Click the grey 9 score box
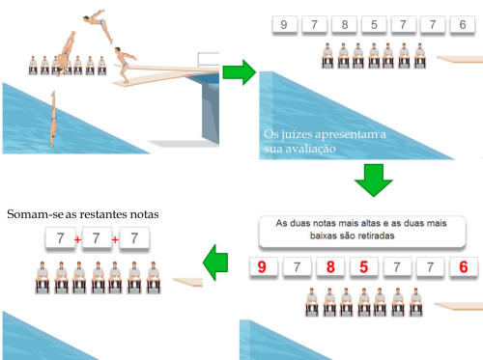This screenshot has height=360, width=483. [x=284, y=24]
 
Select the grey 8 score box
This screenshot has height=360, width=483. [x=345, y=24]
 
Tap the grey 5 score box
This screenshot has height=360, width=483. [x=374, y=24]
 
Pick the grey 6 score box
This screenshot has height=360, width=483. [x=463, y=24]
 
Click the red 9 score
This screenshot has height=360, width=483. [x=263, y=266]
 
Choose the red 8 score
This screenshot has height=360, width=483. [x=330, y=266]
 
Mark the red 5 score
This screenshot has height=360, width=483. [x=363, y=266]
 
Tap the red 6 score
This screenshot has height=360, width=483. [x=464, y=266]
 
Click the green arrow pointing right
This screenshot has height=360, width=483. [x=239, y=72]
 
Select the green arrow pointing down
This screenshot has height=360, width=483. [x=374, y=180]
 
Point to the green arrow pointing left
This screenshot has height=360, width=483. [x=215, y=263]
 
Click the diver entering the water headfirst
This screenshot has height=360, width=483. [x=53, y=119]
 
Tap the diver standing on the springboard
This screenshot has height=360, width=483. [x=125, y=65]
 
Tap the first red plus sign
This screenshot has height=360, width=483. [x=77, y=239]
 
